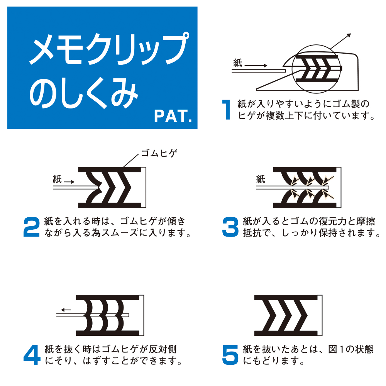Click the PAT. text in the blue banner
pos(173,116)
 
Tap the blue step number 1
pos(227,110)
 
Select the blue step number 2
pos(32,227)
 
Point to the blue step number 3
pos(230,227)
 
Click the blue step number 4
pos(32,355)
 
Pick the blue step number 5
pos(230,355)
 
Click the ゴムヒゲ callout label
pos(159,153)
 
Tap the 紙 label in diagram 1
pos(237,63)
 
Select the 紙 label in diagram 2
pos(57,179)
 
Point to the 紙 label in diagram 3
pos(261,179)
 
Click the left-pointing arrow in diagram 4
pos(66,310)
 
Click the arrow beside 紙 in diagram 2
pos(69,182)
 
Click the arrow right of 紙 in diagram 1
pos(256,66)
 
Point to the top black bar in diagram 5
pos(286,298)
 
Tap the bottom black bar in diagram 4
pos(108,334)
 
